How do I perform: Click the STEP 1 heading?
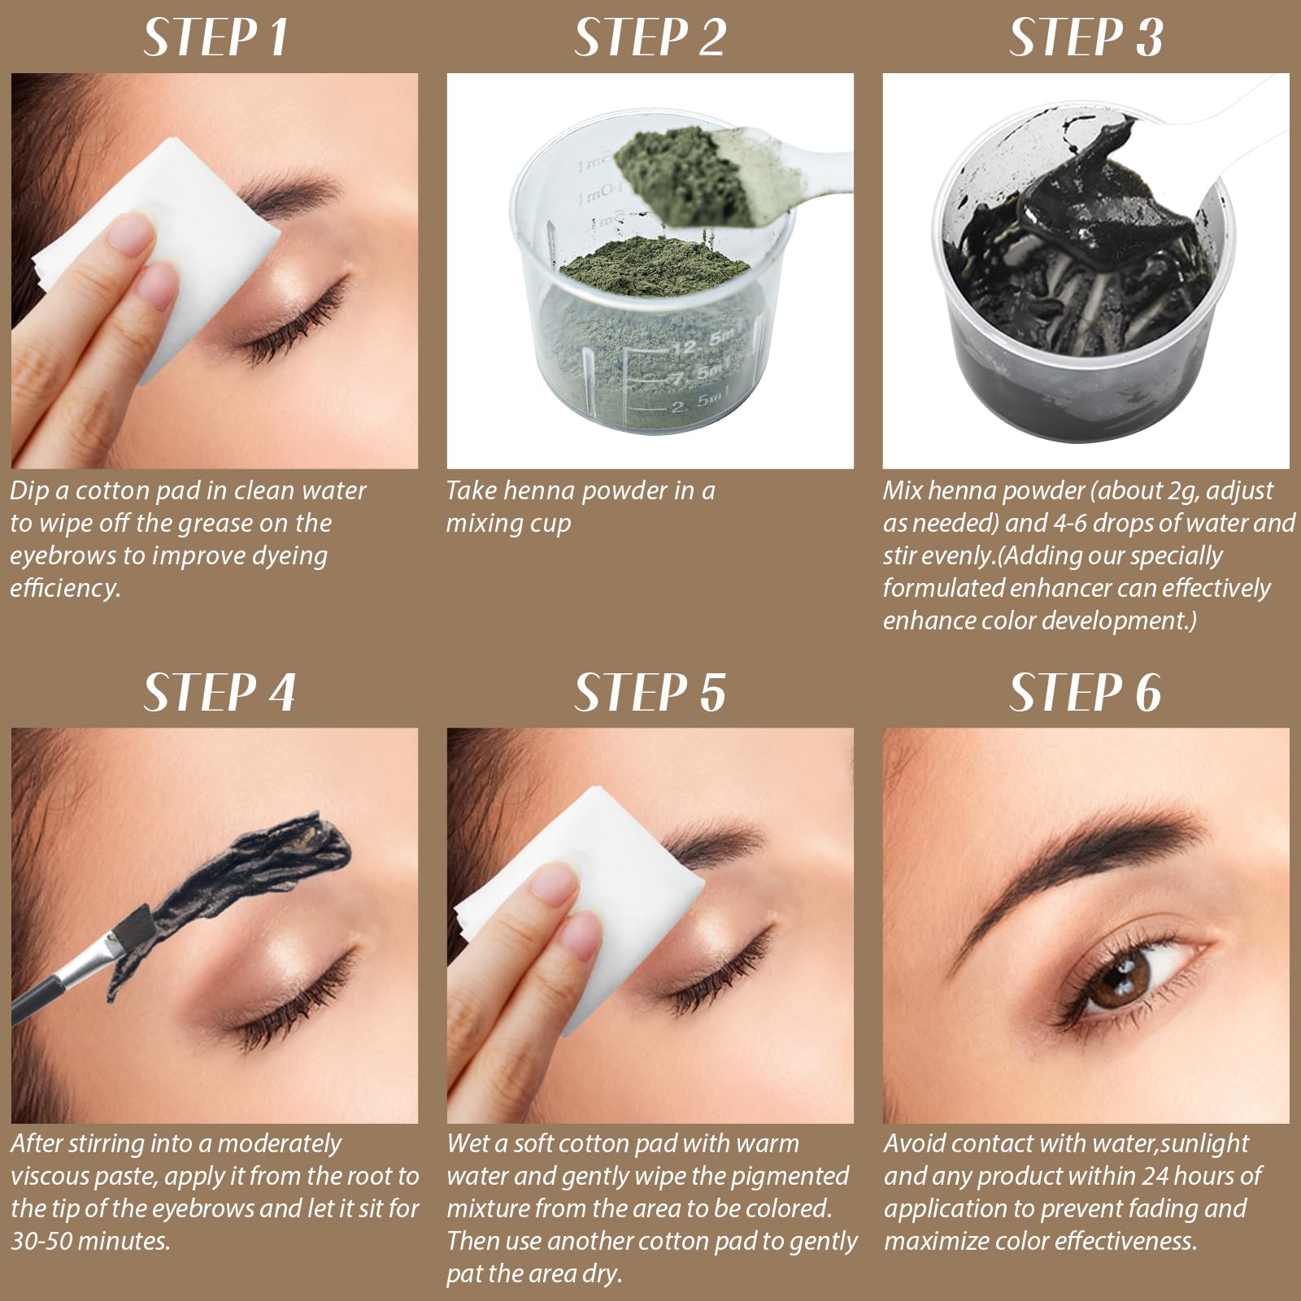215,37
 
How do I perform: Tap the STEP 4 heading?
220,693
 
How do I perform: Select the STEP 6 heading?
1086,693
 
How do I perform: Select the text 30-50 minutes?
90,1241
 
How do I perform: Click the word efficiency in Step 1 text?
65,588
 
